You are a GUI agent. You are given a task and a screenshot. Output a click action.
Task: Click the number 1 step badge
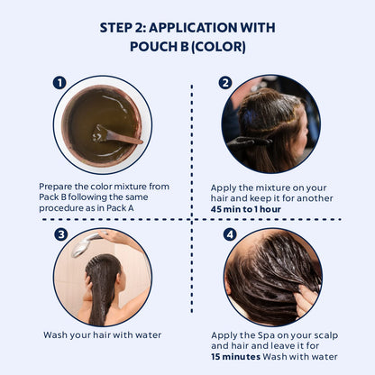(x=59, y=83)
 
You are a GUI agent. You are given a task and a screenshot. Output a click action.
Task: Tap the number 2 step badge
(x=225, y=83)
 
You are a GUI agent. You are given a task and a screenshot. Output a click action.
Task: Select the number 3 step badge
(x=61, y=234)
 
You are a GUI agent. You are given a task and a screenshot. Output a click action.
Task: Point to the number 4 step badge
(x=230, y=234)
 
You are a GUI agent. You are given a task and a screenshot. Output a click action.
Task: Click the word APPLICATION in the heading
(x=193, y=28)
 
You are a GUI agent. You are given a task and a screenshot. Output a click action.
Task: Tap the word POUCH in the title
(x=151, y=47)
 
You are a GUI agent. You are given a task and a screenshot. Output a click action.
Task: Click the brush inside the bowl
(x=117, y=135)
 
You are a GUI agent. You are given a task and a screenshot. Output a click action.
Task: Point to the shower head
(x=85, y=243)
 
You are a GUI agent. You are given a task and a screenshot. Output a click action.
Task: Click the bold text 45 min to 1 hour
(x=246, y=209)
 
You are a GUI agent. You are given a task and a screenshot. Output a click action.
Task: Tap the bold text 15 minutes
(x=235, y=357)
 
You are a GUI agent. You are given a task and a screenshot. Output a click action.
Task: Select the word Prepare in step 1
(x=55, y=187)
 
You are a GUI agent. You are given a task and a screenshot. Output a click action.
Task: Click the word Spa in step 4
(x=266, y=335)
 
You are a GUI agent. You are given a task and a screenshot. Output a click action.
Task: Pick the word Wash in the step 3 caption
(x=55, y=335)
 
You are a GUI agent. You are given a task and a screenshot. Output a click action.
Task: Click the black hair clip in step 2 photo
(x=250, y=142)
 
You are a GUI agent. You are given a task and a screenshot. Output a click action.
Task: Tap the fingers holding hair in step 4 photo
(x=305, y=300)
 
